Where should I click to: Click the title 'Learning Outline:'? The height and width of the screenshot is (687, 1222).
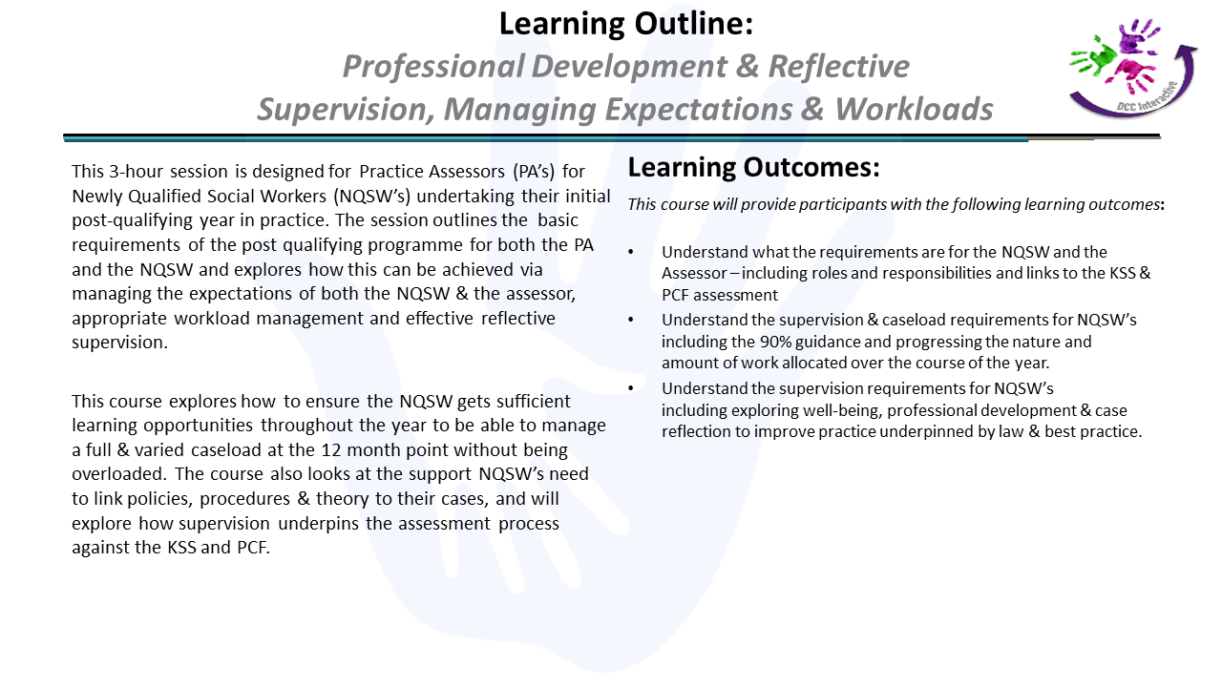(x=625, y=24)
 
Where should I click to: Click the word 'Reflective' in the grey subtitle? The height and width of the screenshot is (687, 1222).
(x=838, y=67)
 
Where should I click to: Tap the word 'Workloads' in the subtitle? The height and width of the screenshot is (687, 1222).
(x=914, y=109)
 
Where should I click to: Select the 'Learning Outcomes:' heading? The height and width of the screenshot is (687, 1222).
(x=753, y=167)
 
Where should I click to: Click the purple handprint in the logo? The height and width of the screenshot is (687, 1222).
(x=1136, y=36)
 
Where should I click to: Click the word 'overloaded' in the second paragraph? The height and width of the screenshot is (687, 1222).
(x=116, y=474)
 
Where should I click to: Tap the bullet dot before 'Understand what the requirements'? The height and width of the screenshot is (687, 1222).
(x=631, y=252)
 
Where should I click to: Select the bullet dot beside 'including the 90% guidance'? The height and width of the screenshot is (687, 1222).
(x=631, y=320)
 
